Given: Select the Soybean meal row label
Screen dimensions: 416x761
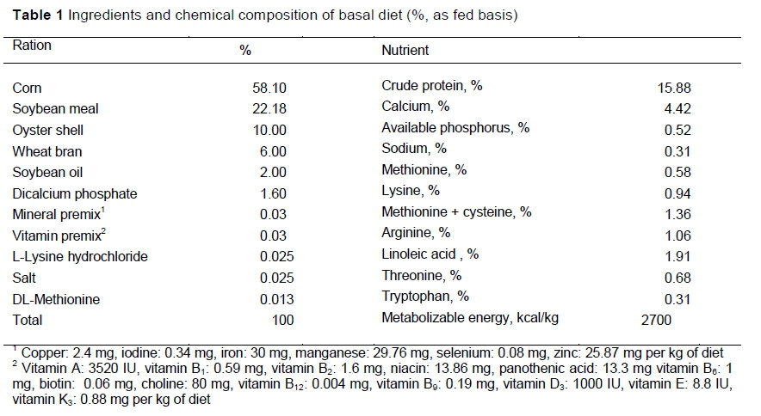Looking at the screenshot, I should [x=55, y=108].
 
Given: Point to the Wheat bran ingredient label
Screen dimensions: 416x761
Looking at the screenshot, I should [x=47, y=151].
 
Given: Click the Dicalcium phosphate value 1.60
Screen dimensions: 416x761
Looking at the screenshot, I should [x=272, y=193].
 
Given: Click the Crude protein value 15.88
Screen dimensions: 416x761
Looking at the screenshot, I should [x=674, y=88].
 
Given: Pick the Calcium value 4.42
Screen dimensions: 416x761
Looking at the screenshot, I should [x=677, y=108].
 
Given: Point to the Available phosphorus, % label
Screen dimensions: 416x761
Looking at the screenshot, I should [x=455, y=128].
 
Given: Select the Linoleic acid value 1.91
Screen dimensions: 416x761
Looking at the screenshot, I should [x=677, y=256].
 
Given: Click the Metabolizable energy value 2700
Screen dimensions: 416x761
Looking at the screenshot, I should [x=656, y=320].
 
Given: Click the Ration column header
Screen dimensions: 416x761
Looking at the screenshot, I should [x=32, y=46].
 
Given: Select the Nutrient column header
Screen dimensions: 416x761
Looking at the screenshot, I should [x=405, y=51].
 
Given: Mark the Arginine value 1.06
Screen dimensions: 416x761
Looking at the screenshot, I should [x=677, y=235].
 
